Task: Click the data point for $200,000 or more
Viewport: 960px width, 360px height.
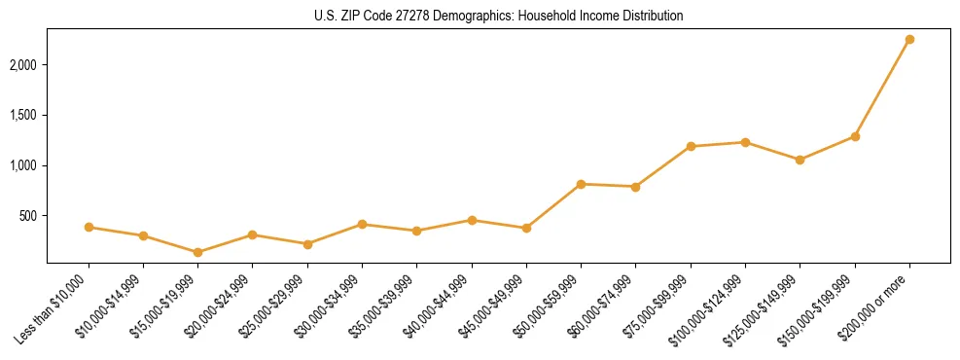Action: pyautogui.click(x=909, y=40)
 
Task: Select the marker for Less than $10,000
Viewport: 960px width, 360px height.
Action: pyautogui.click(x=89, y=227)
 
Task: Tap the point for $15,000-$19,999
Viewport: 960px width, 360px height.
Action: pyautogui.click(x=197, y=252)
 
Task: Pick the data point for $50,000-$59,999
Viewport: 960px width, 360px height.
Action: pyautogui.click(x=581, y=184)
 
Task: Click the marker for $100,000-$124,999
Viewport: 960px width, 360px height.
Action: pyautogui.click(x=745, y=142)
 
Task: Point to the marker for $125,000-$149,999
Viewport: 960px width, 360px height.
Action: pyautogui.click(x=800, y=160)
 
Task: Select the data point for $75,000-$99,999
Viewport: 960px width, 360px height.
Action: pyautogui.click(x=691, y=147)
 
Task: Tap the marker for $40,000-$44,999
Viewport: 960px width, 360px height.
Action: pyautogui.click(x=472, y=220)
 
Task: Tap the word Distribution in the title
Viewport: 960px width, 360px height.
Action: pyautogui.click(x=651, y=17)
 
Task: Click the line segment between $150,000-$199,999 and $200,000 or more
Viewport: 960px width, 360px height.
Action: pyautogui.click(x=882, y=89)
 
